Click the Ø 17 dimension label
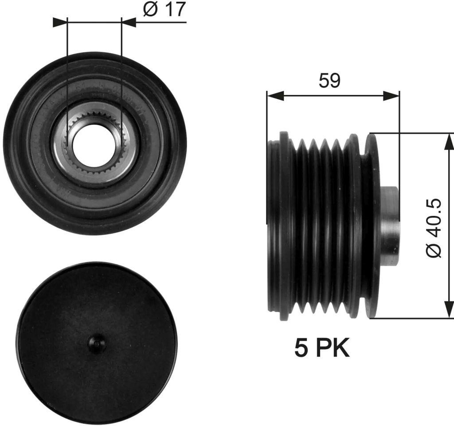click(x=164, y=9)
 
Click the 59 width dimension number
click(x=329, y=80)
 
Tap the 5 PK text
click(x=322, y=347)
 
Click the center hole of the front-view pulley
click(x=94, y=143)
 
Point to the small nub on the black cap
click(x=97, y=343)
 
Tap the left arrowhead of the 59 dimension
click(x=275, y=95)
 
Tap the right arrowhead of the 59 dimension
click(x=391, y=95)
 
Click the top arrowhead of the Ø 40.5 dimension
click(x=449, y=142)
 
